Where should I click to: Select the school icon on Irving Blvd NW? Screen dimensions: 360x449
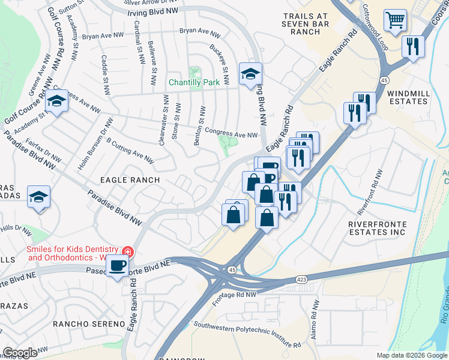(x=250, y=74)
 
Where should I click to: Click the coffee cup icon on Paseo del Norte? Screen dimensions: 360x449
(x=118, y=266)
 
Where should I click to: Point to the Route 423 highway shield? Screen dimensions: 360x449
(x=301, y=280)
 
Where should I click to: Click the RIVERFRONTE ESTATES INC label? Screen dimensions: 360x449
(x=378, y=228)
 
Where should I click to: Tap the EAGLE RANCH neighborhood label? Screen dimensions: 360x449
(x=130, y=180)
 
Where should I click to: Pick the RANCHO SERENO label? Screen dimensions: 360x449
(x=89, y=324)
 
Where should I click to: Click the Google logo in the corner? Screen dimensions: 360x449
(x=19, y=353)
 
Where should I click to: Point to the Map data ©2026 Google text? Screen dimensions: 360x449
(x=411, y=355)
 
